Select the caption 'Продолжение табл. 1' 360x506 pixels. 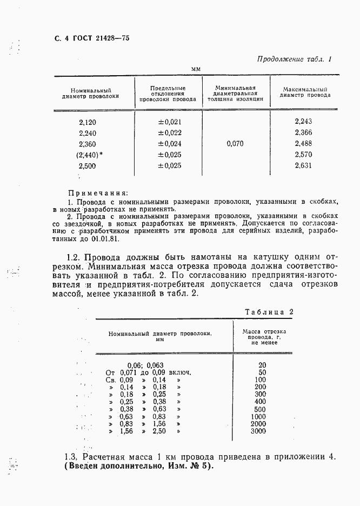[294, 59]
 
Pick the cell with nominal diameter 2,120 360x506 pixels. [88, 122]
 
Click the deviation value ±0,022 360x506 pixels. [169, 133]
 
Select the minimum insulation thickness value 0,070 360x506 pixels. [235, 144]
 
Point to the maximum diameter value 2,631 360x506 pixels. [303, 166]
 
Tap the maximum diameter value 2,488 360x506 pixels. [303, 144]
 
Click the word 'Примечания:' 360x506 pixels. [98, 193]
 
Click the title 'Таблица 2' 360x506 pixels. [269, 312]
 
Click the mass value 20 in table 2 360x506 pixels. [262, 365]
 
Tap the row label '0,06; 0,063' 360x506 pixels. [145, 365]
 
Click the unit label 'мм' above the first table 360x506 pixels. [196, 69]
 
